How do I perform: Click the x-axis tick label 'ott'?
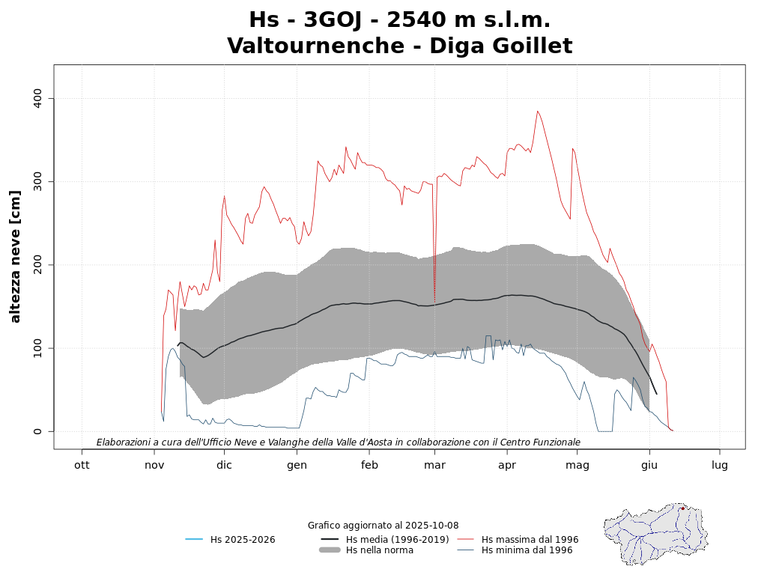(82, 465)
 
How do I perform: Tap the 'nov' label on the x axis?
(154, 465)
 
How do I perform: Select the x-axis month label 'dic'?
(224, 465)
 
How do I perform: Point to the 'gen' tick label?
(297, 465)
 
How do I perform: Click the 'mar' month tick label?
(434, 465)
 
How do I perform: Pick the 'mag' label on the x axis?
(577, 465)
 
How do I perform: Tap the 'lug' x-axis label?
(720, 465)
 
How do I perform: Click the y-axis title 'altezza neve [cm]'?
(16, 257)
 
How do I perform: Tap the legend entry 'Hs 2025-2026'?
(242, 540)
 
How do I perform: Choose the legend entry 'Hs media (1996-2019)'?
(397, 540)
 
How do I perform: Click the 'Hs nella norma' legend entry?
(379, 550)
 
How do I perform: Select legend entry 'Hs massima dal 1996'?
(530, 540)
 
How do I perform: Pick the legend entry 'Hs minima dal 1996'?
(527, 550)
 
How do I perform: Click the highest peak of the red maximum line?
(537, 112)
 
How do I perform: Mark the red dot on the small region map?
(682, 508)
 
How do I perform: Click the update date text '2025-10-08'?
(433, 526)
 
